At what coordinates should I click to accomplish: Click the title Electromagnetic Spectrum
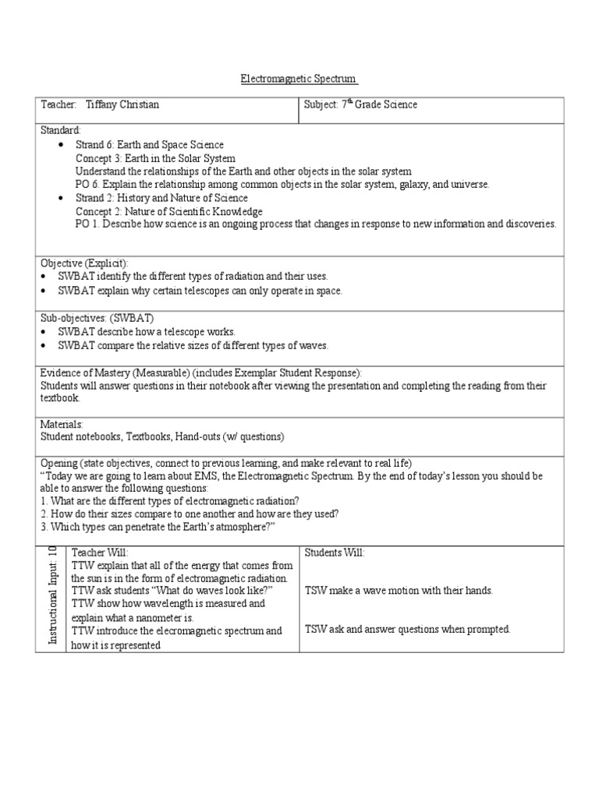click(298, 79)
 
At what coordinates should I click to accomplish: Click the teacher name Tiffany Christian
click(128, 104)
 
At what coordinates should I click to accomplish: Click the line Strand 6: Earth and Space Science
click(149, 145)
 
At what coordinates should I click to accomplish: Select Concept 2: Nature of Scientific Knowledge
click(168, 211)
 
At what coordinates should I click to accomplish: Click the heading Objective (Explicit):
click(84, 263)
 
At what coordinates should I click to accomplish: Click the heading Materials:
click(62, 424)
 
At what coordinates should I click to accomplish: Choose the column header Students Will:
click(334, 553)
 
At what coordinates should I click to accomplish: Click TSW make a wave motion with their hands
click(399, 591)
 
